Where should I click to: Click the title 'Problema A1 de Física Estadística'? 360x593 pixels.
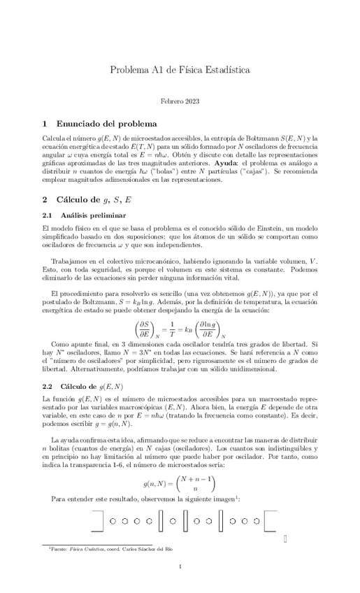pos(180,70)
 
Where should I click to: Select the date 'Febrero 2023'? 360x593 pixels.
pos(180,103)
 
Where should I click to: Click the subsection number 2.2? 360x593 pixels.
pos(48,386)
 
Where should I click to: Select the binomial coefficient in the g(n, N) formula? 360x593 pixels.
pos(194,483)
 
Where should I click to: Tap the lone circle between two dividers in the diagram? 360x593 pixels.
pos(174,521)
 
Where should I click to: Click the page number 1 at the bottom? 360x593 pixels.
pos(180,566)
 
